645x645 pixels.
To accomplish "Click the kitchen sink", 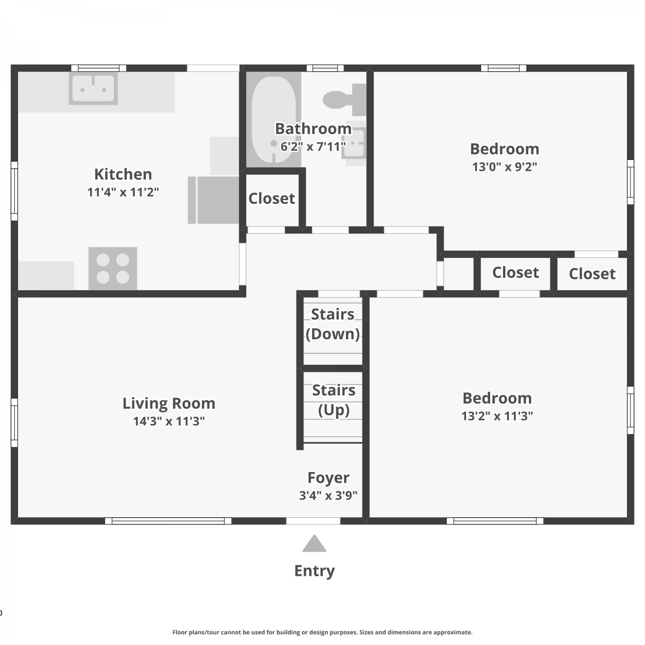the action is pyautogui.click(x=93, y=89).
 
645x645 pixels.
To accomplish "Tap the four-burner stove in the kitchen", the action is pyautogui.click(x=113, y=268).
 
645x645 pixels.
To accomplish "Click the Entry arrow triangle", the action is pyautogui.click(x=314, y=544).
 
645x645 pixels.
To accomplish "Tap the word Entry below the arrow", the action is pyautogui.click(x=314, y=571).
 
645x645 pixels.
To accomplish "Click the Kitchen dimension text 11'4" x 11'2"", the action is pyautogui.click(x=123, y=192).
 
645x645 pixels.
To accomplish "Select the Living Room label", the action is pyautogui.click(x=169, y=403).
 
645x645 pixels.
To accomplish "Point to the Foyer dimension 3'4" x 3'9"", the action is pyautogui.click(x=328, y=495).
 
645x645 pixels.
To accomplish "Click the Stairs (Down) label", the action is pyautogui.click(x=333, y=324).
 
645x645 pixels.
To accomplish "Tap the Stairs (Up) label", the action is pyautogui.click(x=334, y=400).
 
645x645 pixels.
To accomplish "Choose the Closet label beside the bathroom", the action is pyautogui.click(x=272, y=198).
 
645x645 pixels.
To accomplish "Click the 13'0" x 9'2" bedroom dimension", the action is pyautogui.click(x=505, y=166).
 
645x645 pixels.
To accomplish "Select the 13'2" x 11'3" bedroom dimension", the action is pyautogui.click(x=497, y=416).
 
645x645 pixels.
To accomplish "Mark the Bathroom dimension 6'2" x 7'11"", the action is pyautogui.click(x=313, y=147).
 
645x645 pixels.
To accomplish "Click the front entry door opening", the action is pyautogui.click(x=313, y=521).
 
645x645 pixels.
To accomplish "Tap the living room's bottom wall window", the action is pyautogui.click(x=168, y=521).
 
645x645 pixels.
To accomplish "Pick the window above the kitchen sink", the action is pyautogui.click(x=99, y=68).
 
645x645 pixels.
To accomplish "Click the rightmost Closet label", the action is pyautogui.click(x=592, y=274).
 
